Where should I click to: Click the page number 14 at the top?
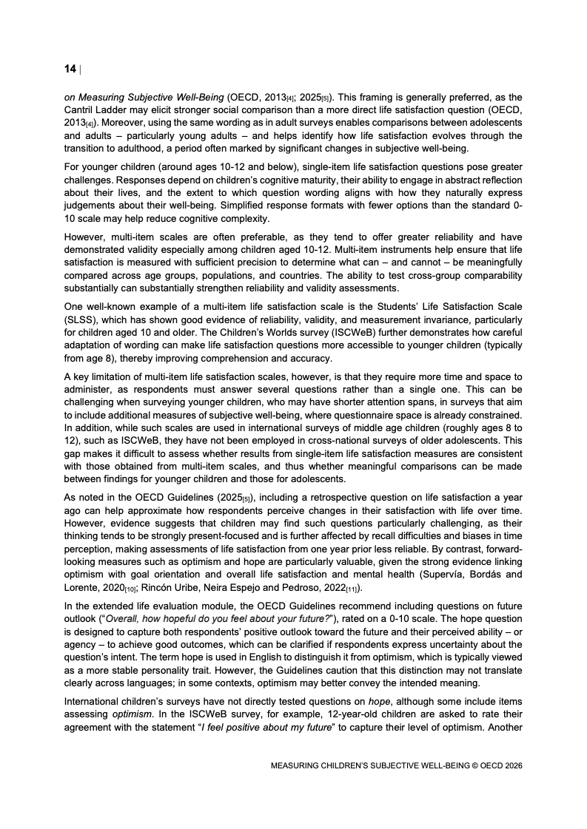click(x=70, y=69)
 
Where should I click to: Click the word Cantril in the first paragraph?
click(x=81, y=109)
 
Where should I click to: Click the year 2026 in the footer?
click(x=511, y=766)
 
